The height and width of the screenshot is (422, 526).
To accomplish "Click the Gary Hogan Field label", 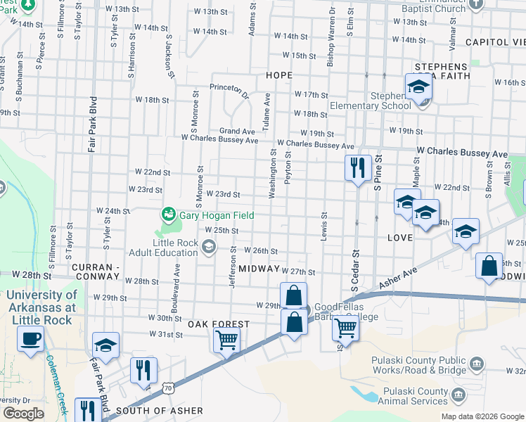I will (216, 215).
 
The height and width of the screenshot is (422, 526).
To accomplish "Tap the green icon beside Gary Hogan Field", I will (168, 213).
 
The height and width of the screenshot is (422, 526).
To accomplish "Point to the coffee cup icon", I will (30, 339).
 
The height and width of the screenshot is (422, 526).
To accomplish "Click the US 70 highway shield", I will (167, 387).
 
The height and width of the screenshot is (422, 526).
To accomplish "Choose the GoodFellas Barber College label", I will (346, 312).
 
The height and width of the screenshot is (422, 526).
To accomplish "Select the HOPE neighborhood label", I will (278, 75).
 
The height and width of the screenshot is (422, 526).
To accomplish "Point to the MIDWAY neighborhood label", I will (259, 269).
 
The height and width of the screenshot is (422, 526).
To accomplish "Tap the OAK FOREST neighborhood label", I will (219, 324).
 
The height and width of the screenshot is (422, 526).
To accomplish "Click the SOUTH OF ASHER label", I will (159, 411).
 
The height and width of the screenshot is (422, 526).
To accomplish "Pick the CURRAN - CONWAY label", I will (103, 269).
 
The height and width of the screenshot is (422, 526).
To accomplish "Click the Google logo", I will (23, 414).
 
